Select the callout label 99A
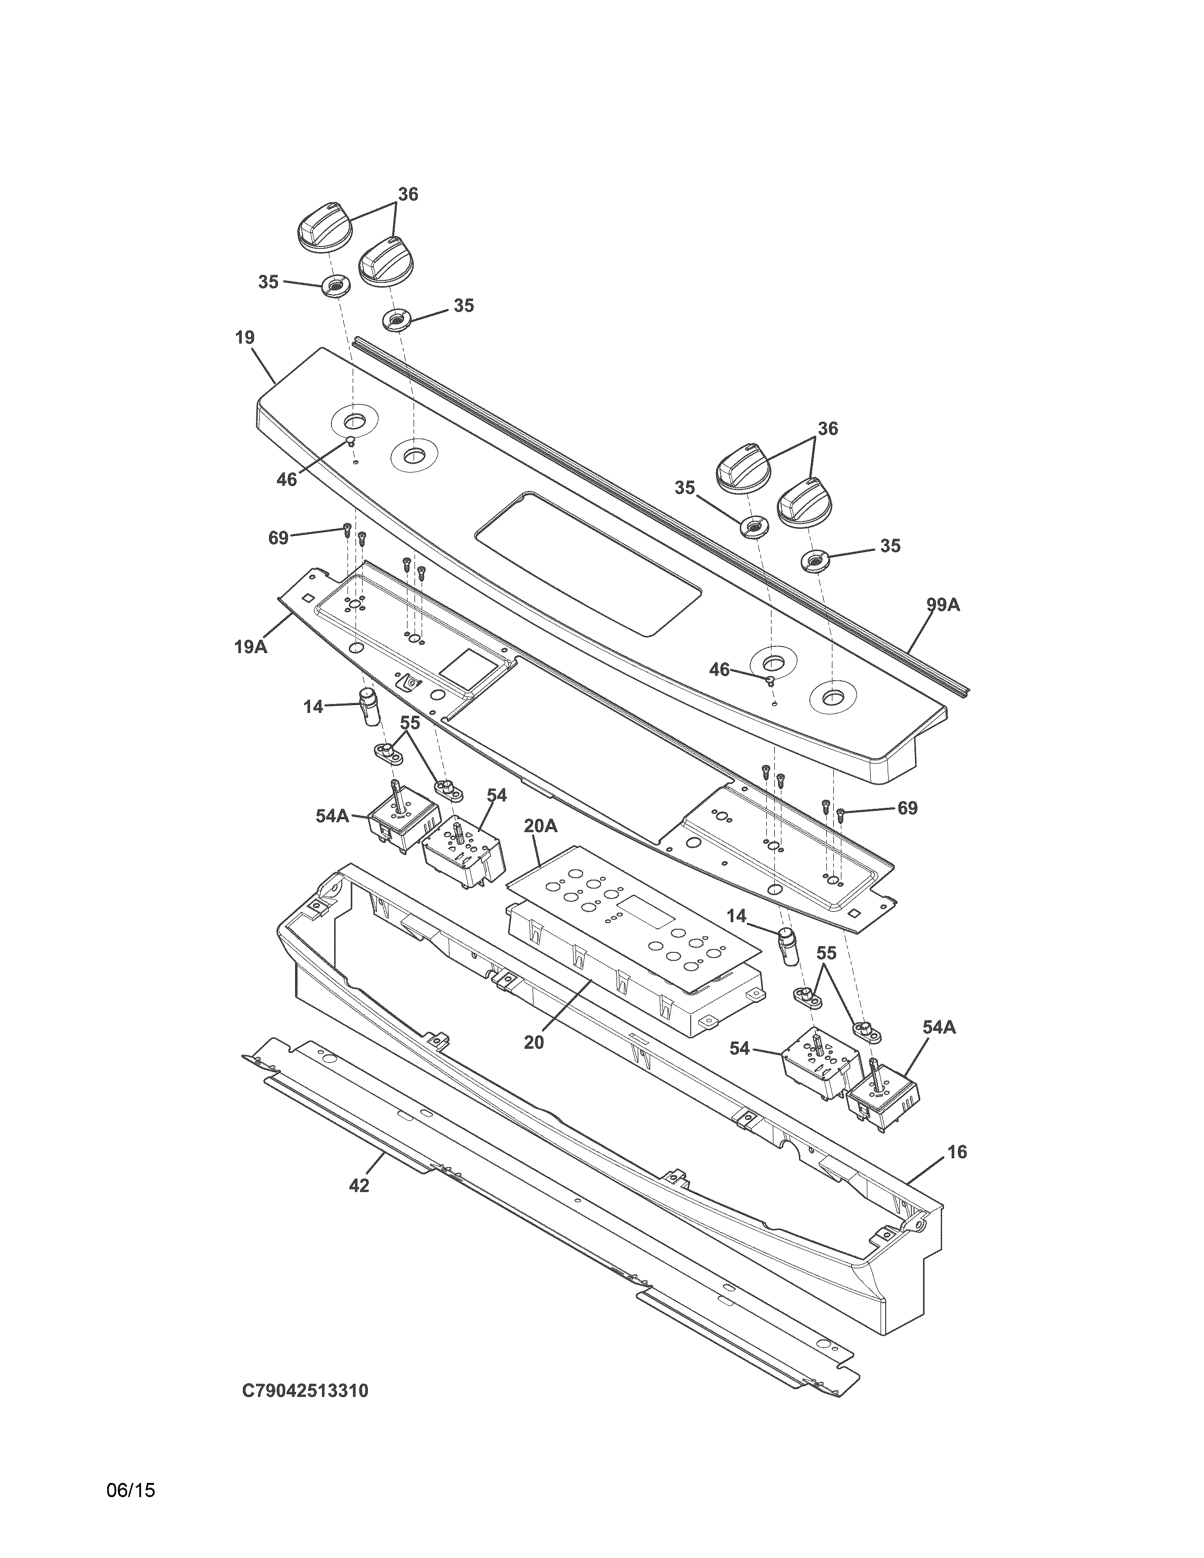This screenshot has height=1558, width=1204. click(x=943, y=605)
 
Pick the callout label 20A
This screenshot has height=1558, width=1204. click(x=540, y=826)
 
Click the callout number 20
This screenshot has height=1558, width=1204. click(x=534, y=1042)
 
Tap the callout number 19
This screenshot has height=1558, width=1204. click(x=245, y=338)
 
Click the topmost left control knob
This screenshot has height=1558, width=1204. click(x=324, y=227)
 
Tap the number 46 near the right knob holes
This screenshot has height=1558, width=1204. click(x=719, y=669)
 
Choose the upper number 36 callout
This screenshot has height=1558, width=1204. click(x=408, y=194)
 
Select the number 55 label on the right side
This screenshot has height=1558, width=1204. click(x=825, y=953)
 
